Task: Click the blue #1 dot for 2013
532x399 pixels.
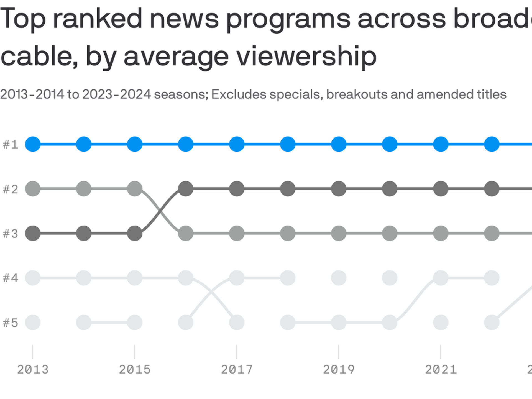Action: (x=33, y=144)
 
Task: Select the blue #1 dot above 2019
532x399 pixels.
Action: (x=339, y=144)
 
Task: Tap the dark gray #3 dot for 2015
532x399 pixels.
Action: (x=135, y=233)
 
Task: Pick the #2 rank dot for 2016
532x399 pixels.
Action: (x=186, y=189)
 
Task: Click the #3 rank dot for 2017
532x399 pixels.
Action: (x=237, y=233)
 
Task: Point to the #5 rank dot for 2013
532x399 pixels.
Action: (x=33, y=323)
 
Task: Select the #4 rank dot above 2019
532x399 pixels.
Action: (x=339, y=278)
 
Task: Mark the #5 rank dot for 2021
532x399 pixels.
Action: (x=441, y=323)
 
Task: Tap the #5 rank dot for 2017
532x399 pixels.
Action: (x=237, y=323)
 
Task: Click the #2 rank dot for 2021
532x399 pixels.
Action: (x=441, y=189)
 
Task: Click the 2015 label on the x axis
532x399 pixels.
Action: (x=135, y=370)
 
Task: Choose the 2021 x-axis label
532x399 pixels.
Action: (x=441, y=370)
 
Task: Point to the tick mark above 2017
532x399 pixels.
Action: (x=237, y=352)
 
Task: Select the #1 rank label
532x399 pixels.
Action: (x=11, y=144)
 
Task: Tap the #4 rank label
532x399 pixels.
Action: (x=11, y=278)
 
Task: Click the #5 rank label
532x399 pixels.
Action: (x=11, y=323)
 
